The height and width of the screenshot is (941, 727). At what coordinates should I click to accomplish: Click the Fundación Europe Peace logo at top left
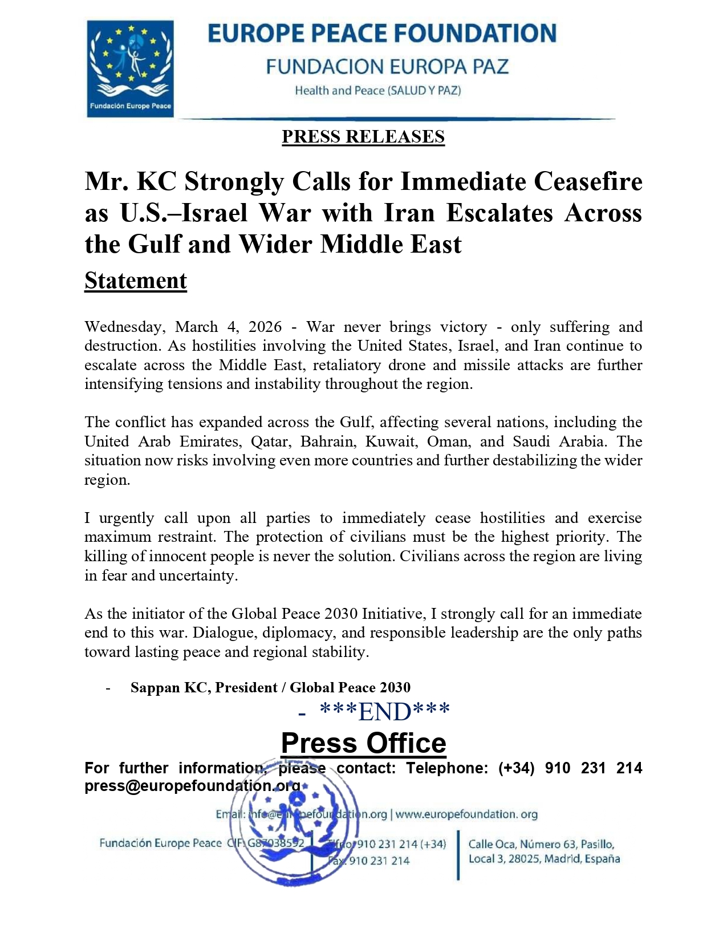click(130, 68)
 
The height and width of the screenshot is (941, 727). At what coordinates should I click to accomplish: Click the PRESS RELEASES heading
click(363, 137)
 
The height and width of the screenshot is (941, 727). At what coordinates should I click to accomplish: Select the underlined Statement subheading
click(136, 281)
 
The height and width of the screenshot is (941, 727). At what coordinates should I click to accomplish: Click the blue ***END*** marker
click(385, 712)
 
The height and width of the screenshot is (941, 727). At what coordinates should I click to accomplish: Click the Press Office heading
click(363, 743)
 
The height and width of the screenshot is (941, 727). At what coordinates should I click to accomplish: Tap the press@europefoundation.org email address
click(192, 786)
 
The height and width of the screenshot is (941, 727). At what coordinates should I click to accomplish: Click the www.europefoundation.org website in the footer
click(466, 814)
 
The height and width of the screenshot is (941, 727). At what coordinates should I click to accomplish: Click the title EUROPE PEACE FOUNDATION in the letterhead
click(381, 34)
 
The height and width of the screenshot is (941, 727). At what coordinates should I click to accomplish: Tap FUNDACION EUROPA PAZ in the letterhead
click(387, 67)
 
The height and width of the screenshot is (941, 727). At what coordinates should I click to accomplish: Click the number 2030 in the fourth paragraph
click(340, 614)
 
